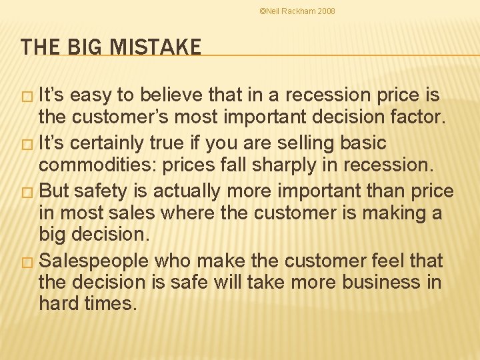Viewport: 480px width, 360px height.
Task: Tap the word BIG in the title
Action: [x=83, y=47]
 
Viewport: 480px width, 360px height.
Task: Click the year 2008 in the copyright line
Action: [x=327, y=11]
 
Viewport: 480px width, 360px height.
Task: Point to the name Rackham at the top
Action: [x=299, y=11]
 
